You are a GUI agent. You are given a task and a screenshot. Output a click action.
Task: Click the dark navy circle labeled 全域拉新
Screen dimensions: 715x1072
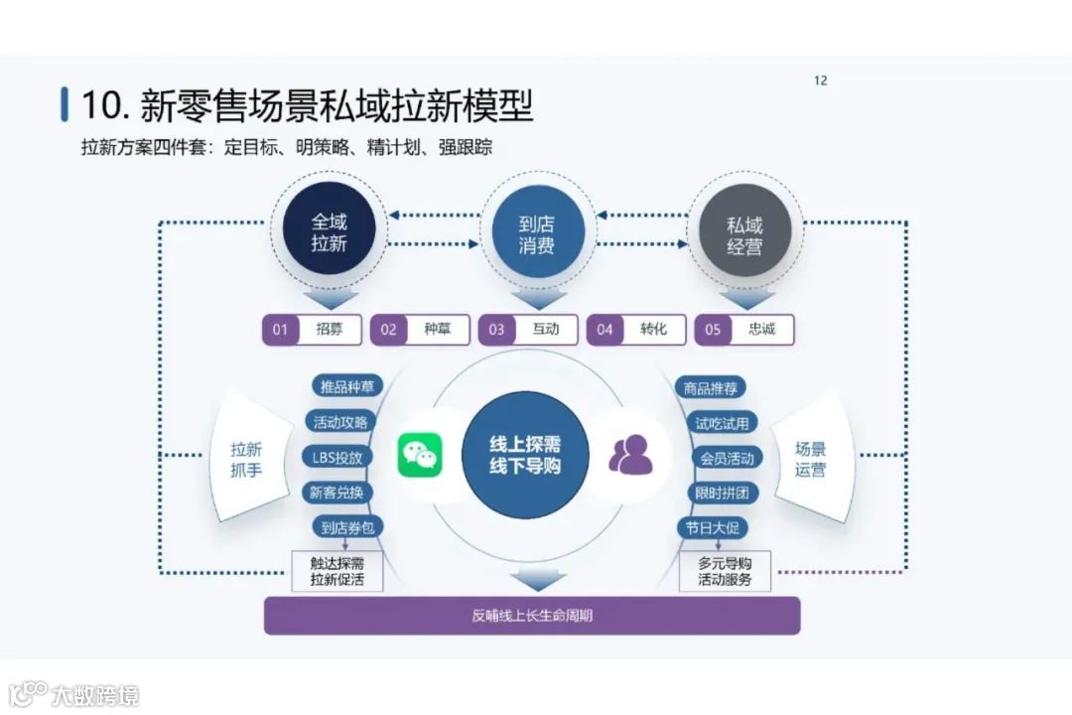click(329, 233)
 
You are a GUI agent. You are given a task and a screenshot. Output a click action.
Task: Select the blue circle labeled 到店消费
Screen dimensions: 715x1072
click(537, 233)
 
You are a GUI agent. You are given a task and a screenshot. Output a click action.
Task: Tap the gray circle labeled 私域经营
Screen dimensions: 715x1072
click(744, 235)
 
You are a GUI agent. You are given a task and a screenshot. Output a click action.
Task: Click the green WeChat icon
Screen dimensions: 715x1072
click(421, 456)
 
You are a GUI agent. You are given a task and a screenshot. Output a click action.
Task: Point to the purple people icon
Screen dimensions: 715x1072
click(628, 456)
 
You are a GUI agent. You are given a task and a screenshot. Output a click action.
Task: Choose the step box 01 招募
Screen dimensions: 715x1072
click(311, 330)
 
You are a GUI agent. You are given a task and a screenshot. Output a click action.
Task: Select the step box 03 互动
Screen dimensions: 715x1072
click(527, 330)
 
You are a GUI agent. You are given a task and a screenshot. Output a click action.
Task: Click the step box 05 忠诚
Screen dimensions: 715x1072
click(743, 330)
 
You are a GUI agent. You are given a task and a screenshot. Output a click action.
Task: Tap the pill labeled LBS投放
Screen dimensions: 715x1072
click(338, 457)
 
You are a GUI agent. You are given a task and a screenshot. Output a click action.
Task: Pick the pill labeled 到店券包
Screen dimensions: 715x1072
click(343, 527)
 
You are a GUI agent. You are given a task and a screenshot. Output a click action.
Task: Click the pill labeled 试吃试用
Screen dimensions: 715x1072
click(722, 423)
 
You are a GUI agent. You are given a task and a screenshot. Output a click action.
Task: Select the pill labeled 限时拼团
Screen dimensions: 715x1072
click(722, 493)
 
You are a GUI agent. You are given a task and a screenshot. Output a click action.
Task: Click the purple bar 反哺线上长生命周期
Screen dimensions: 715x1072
click(532, 616)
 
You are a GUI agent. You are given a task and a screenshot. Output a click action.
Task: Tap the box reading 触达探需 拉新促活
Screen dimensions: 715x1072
click(336, 572)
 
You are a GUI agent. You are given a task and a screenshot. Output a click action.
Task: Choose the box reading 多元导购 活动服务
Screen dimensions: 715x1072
click(725, 572)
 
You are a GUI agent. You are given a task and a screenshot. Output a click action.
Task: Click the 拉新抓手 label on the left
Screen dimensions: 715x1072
click(246, 460)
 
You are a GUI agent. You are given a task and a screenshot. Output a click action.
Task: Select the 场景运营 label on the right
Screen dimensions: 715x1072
click(810, 459)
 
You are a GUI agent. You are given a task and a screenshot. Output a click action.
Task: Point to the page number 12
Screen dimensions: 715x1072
click(820, 80)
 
